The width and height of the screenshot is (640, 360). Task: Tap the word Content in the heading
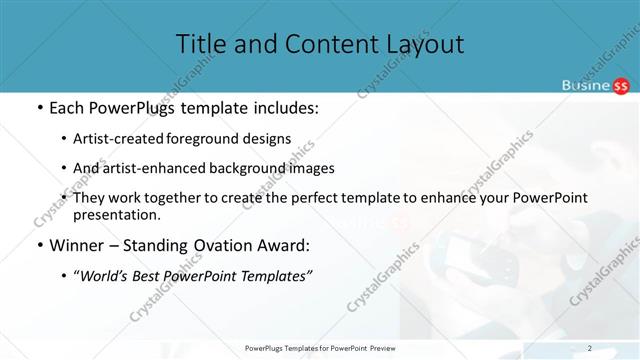point(317,44)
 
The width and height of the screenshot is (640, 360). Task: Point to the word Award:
point(283,246)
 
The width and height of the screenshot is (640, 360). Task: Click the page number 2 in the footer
point(590,348)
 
